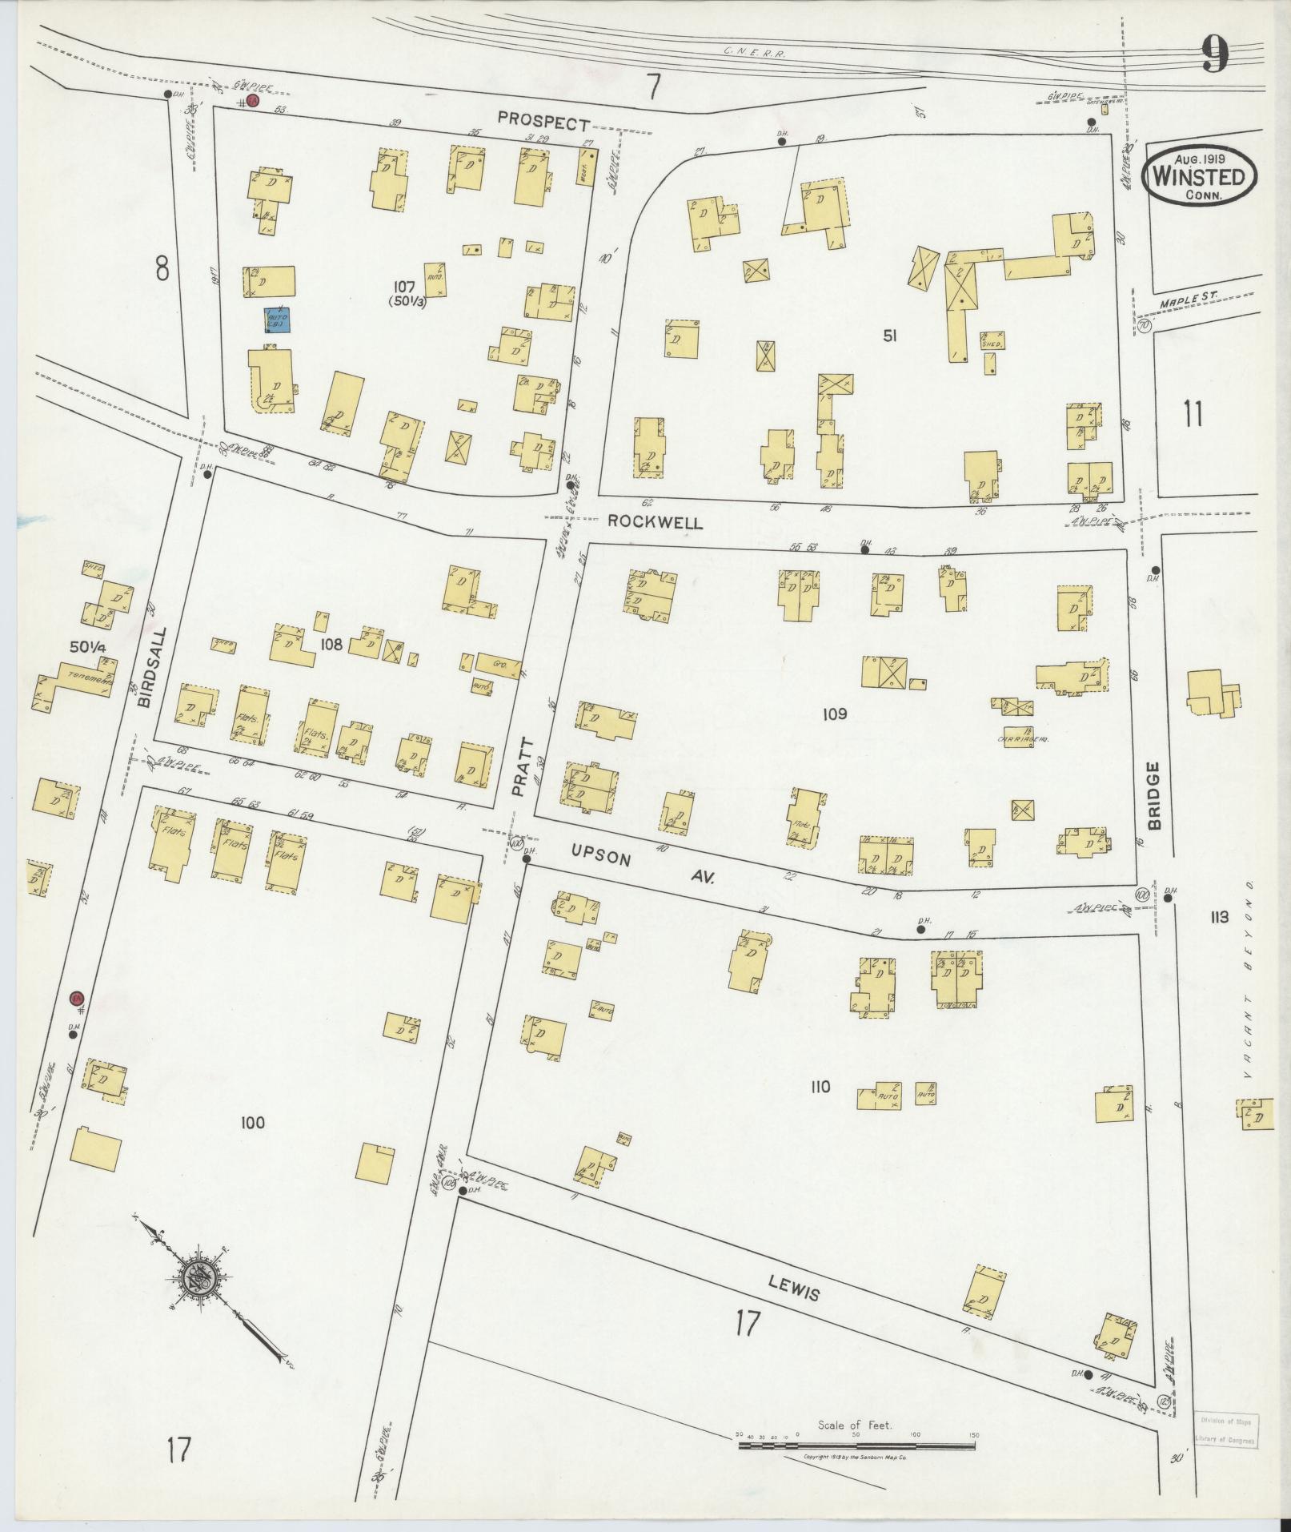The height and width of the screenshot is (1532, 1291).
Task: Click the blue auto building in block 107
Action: coord(278,320)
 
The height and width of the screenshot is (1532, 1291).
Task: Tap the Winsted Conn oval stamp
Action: coord(1198,175)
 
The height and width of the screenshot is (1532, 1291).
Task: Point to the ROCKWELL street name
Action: coord(655,522)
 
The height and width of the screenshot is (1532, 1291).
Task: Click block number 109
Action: coord(834,714)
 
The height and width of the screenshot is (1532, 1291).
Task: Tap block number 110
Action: coord(820,1087)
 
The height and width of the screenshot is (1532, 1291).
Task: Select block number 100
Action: coord(251,1124)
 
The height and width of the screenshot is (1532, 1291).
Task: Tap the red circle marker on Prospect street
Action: coord(251,101)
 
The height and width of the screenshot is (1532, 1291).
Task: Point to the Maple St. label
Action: coord(1188,300)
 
